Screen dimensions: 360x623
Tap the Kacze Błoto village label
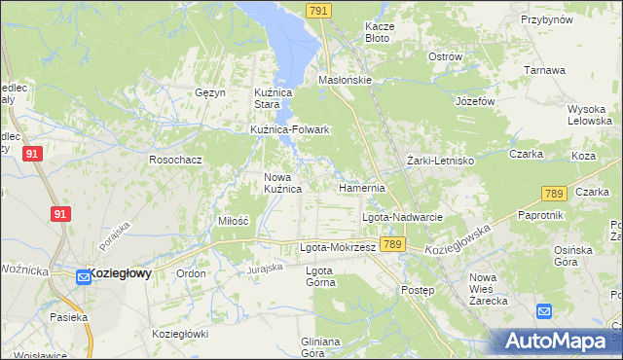pos(378,32)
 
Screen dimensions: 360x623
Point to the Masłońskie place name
pos(346,80)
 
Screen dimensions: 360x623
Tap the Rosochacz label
pos(174,159)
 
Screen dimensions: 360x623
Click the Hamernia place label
pos(362,187)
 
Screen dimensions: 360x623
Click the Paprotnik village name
pos(542,214)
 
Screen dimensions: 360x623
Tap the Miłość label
pos(234,222)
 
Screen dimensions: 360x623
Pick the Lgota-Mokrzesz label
pos(337,247)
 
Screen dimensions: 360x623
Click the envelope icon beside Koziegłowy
pos(83,276)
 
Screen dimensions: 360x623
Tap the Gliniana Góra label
pos(320,347)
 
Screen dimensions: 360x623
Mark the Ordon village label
pos(191,274)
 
